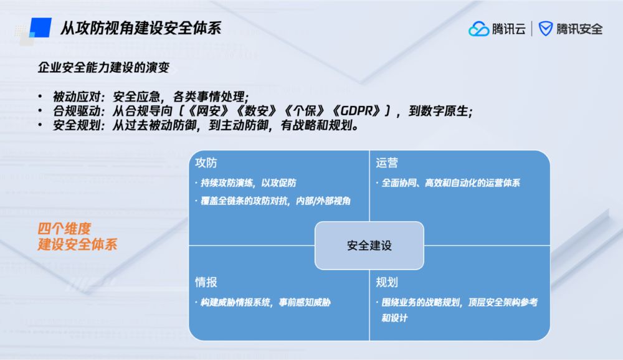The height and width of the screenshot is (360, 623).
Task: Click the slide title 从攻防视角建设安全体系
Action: click(x=141, y=29)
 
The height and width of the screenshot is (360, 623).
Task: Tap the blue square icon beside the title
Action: click(x=41, y=27)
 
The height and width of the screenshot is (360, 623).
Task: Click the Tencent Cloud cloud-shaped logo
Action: click(x=478, y=29)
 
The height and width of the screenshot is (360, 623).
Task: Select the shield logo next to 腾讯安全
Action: click(x=546, y=29)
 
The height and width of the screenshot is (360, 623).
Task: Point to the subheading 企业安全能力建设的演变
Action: click(x=103, y=67)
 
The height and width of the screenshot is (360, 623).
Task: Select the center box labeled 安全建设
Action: click(x=369, y=245)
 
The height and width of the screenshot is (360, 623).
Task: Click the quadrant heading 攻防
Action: click(x=206, y=163)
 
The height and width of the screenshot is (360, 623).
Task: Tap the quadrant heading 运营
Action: click(x=387, y=163)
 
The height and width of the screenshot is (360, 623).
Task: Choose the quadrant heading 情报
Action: click(x=206, y=283)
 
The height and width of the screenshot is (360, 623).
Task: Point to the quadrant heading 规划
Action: click(x=387, y=283)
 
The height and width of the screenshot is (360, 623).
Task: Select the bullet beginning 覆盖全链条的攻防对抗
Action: click(x=273, y=201)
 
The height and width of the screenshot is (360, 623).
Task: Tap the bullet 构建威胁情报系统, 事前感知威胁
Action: click(x=263, y=303)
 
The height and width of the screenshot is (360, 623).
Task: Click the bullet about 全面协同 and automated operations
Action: click(x=448, y=182)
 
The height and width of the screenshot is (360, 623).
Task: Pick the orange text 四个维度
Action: click(x=64, y=229)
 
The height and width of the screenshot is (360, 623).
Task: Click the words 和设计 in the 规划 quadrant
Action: click(x=394, y=318)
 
